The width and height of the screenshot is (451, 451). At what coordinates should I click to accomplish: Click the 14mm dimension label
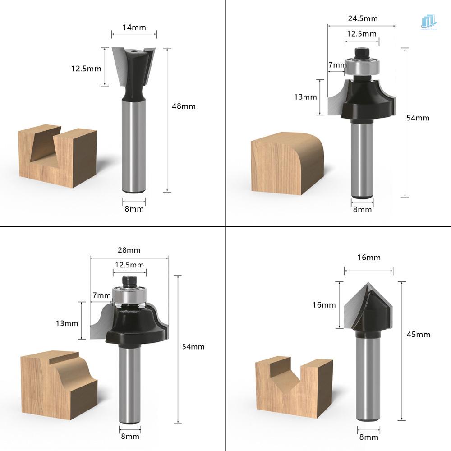(134, 27)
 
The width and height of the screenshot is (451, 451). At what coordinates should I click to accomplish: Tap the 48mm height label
(184, 106)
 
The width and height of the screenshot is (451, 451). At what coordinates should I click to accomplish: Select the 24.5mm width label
(363, 18)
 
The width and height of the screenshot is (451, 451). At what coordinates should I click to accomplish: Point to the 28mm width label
(129, 250)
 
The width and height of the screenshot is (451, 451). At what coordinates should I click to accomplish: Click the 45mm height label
(418, 334)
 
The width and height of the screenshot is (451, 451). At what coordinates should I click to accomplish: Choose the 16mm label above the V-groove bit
(369, 258)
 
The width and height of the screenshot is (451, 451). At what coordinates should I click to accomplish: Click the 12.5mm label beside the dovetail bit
(86, 69)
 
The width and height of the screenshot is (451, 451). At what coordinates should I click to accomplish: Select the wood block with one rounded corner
(288, 163)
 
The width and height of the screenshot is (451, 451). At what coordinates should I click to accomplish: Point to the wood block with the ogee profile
(59, 386)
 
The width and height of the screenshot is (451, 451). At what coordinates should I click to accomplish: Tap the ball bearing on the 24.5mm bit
(362, 66)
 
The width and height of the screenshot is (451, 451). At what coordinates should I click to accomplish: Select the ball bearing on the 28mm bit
(129, 296)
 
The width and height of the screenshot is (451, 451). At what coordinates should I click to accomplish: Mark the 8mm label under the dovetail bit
(134, 209)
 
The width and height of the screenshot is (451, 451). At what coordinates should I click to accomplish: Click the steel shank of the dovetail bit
(134, 144)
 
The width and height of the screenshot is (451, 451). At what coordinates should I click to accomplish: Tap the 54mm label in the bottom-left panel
(193, 346)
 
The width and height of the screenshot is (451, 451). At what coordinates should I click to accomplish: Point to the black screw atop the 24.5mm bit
(362, 53)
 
